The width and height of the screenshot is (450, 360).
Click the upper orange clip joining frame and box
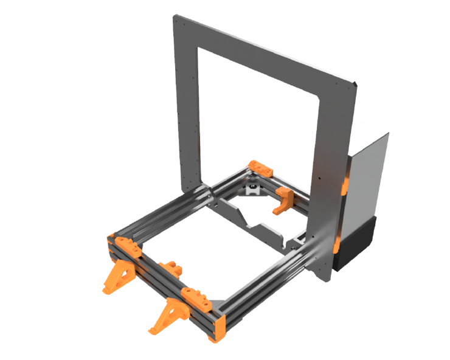pos(345,182)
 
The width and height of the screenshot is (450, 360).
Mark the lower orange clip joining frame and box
pos(336,244)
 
